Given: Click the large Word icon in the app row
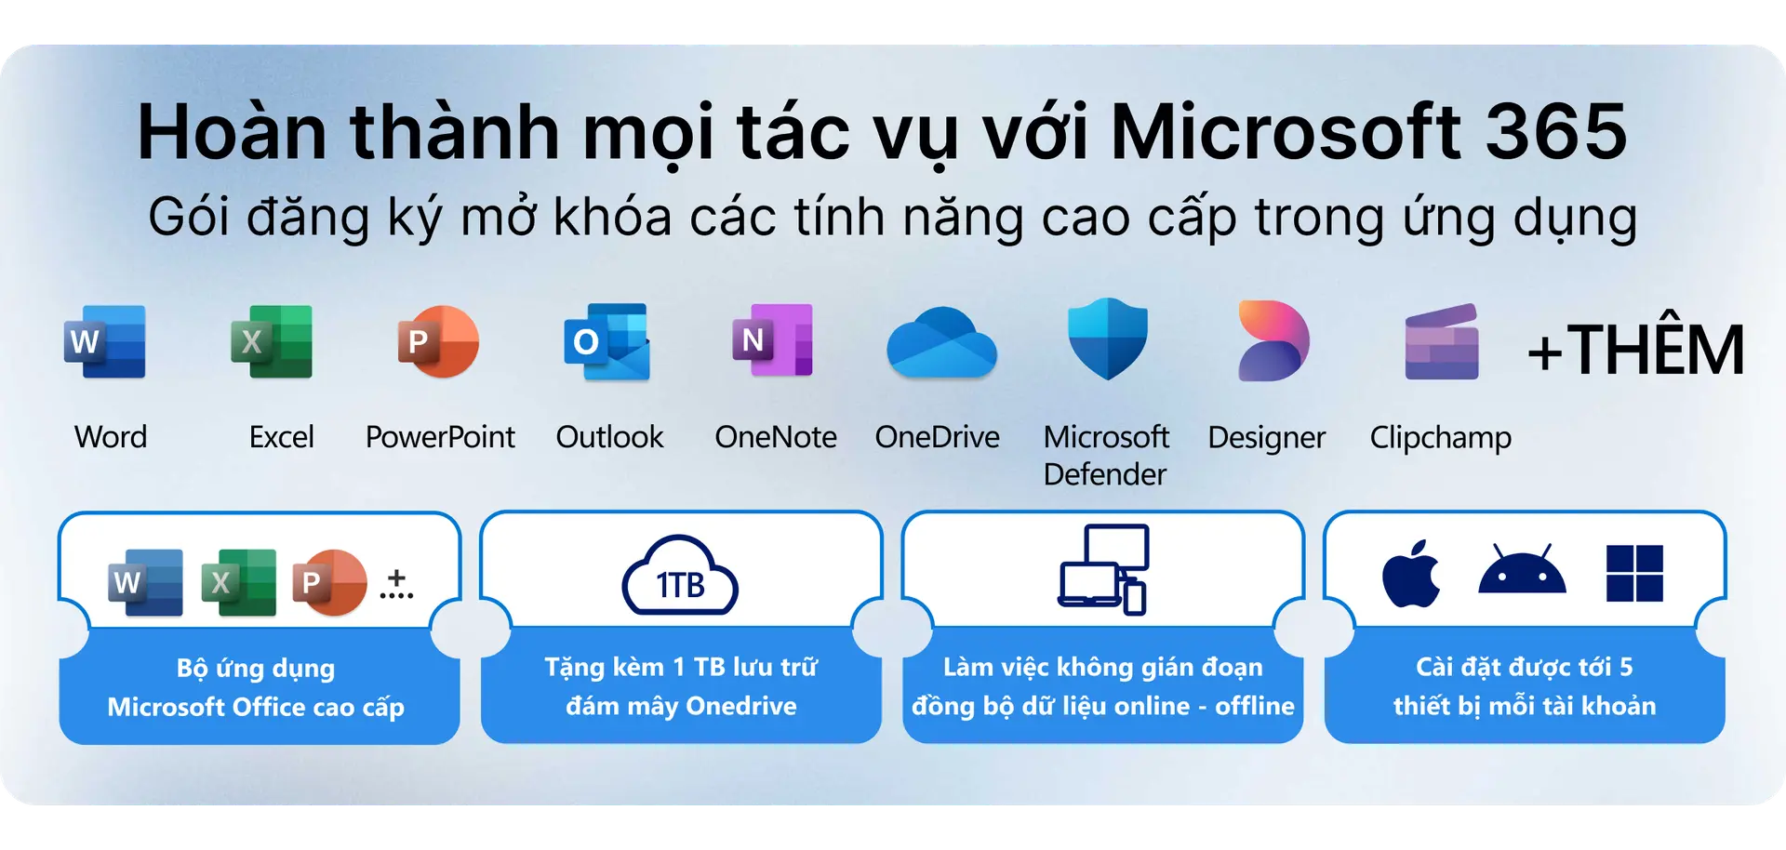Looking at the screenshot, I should (105, 341).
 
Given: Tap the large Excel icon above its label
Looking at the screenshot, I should (272, 341).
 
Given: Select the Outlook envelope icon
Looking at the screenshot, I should (607, 342).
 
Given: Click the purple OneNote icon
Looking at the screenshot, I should (773, 340).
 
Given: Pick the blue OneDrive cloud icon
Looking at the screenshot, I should (941, 343).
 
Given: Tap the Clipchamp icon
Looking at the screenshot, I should (1441, 341).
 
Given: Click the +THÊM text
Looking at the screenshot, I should (1635, 351).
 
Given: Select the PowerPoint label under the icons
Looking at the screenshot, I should (440, 437).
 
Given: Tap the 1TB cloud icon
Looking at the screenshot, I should (680, 576).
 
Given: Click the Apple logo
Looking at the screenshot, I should (1411, 574).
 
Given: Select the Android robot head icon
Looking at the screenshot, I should (1522, 571).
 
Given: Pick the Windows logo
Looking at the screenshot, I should (1634, 573).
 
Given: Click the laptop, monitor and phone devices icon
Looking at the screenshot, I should (1103, 569).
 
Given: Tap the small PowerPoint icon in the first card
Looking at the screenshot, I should (329, 582).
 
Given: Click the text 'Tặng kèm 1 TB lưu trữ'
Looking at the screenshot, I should (681, 667).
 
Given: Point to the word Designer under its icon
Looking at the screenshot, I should (1266, 437).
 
